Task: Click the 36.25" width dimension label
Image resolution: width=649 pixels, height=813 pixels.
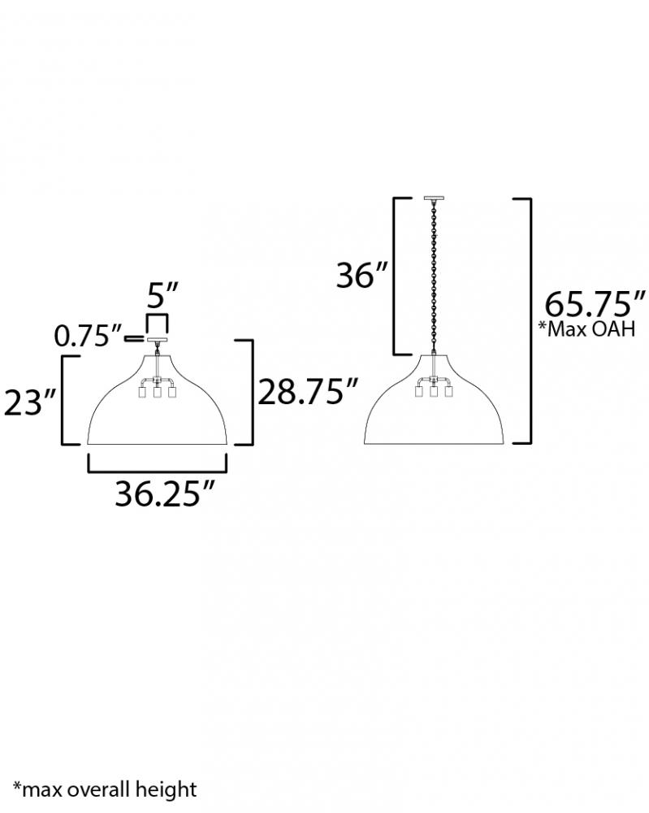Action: [x=164, y=493]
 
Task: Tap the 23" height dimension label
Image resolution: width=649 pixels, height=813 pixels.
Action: [x=30, y=402]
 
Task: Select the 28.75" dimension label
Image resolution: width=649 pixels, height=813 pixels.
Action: [x=308, y=392]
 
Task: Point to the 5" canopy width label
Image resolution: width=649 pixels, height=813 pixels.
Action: [x=162, y=296]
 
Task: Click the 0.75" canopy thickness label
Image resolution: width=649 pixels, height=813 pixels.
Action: [x=89, y=336]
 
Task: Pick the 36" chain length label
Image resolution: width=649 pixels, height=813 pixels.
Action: [x=362, y=275]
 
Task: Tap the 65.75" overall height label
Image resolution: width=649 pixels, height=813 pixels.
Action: [x=595, y=304]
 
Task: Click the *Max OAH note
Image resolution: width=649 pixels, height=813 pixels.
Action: [x=586, y=329]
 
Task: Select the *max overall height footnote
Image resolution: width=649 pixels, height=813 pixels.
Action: [x=105, y=789]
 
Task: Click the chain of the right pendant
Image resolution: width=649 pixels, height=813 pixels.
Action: [x=434, y=276]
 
